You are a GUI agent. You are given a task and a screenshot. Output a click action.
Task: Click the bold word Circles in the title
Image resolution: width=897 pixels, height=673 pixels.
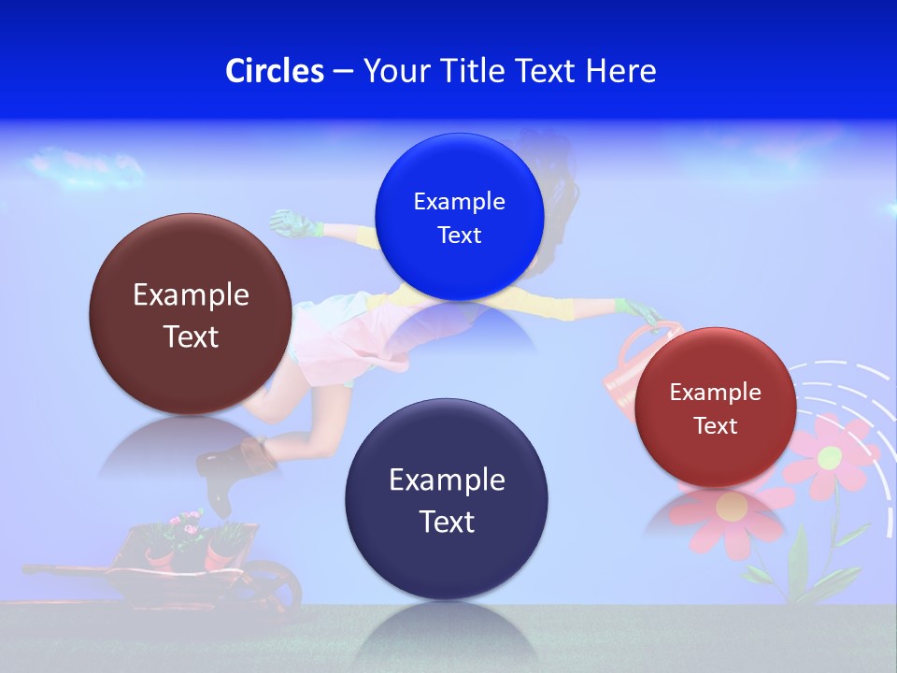click(274, 71)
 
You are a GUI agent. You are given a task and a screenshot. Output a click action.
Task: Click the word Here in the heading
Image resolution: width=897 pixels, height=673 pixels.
click(620, 71)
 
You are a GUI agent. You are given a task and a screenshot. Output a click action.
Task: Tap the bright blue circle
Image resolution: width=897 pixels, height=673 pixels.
click(459, 217)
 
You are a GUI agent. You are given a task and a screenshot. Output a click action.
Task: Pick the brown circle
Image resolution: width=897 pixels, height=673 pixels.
click(191, 314)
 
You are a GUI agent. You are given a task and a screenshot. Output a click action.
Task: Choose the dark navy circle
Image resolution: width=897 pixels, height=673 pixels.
click(447, 499)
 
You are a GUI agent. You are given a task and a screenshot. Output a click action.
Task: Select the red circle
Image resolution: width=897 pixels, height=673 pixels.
click(715, 408)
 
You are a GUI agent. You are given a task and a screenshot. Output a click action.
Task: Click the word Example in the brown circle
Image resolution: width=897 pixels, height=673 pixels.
click(191, 295)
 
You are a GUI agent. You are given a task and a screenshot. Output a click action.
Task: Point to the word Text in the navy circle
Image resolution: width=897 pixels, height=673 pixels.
click(447, 522)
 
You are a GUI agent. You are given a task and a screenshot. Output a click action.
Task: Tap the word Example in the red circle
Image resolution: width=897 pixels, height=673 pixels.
click(715, 393)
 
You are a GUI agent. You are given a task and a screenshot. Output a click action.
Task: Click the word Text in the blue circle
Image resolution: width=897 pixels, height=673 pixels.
click(459, 236)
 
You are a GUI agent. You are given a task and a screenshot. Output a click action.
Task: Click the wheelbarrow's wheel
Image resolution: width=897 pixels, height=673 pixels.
click(277, 585)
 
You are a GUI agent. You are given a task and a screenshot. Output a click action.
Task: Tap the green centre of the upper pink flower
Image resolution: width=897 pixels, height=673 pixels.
click(830, 457)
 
